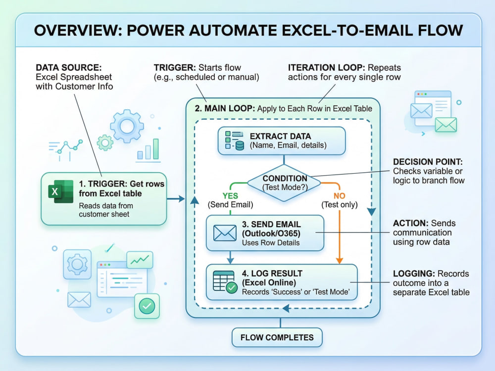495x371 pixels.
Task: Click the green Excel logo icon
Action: click(x=60, y=191)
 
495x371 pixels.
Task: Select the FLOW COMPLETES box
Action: click(x=277, y=337)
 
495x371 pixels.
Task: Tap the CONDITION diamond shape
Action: click(x=284, y=183)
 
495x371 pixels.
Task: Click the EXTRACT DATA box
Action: click(x=282, y=140)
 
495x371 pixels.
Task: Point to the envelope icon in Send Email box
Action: click(x=225, y=233)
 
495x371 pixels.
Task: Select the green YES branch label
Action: click(x=230, y=196)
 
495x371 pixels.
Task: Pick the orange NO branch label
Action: click(x=340, y=196)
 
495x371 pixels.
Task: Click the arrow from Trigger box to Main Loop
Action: click(x=176, y=199)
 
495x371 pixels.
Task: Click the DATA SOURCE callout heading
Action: click(x=68, y=67)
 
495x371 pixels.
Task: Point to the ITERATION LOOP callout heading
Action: click(x=326, y=67)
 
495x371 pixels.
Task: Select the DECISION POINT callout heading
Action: click(x=428, y=162)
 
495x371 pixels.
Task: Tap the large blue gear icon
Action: click(x=127, y=126)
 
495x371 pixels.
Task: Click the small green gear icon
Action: click(x=105, y=143)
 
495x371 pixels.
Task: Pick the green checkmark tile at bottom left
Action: click(x=147, y=306)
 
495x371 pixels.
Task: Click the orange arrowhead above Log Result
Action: click(x=340, y=261)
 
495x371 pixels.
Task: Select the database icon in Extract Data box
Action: click(x=240, y=145)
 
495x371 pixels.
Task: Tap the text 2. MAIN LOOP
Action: click(x=225, y=108)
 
